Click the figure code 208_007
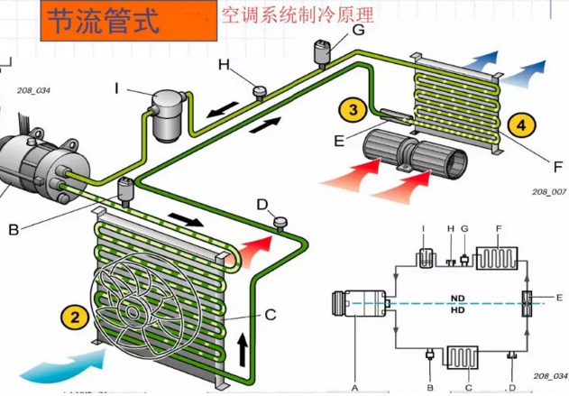click(x=548, y=192)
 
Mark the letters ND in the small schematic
click(x=458, y=297)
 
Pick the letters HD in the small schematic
click(x=458, y=311)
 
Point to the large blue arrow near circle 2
click(x=54, y=365)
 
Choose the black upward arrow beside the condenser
click(x=242, y=347)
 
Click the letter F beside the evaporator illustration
click(x=529, y=167)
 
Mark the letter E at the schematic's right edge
click(x=559, y=296)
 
